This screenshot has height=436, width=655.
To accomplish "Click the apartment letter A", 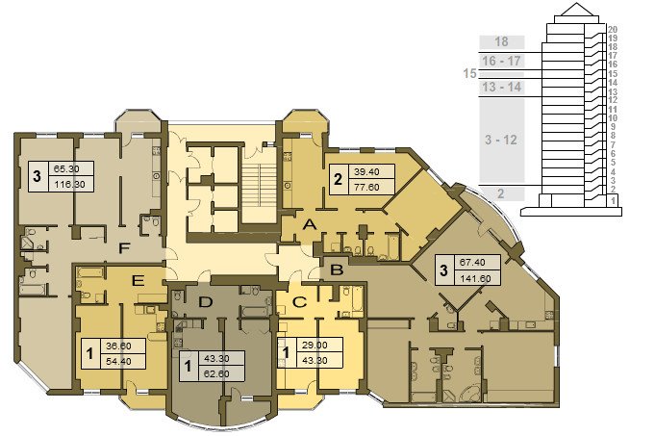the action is click(309, 225).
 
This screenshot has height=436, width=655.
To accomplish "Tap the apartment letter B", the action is click(337, 270).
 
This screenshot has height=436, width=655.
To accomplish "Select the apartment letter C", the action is click(299, 302).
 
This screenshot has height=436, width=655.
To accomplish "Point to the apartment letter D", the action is click(205, 302).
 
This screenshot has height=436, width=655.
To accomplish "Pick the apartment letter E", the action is click(138, 280).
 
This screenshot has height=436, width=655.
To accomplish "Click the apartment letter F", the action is click(124, 248).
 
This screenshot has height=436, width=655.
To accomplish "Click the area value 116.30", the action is click(70, 185).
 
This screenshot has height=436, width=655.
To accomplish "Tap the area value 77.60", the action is click(366, 188).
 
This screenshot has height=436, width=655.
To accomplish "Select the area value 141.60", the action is click(475, 278).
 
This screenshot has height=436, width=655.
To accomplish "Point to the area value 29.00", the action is click(315, 346).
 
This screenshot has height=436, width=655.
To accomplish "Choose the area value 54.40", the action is click(118, 361).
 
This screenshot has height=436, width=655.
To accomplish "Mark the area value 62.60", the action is click(216, 373).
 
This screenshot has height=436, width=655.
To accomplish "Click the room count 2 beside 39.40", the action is click(338, 179).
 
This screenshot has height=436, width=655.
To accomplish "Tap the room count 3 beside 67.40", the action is click(443, 270).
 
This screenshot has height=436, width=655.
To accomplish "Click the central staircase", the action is click(259, 193).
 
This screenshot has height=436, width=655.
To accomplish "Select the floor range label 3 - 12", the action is click(501, 140).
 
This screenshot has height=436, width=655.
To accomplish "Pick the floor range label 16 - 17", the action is click(501, 61).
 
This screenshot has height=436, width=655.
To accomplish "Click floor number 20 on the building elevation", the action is click(613, 30).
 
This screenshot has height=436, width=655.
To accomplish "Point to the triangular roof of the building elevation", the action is click(576, 10).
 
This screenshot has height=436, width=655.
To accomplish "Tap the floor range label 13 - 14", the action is click(501, 87).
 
